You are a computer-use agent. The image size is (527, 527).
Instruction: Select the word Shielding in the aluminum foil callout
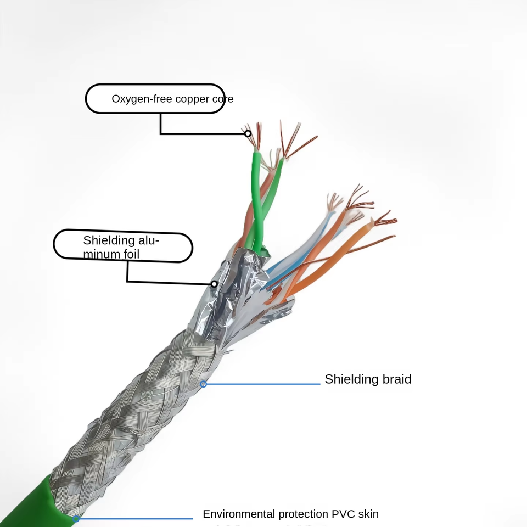(x=109, y=240)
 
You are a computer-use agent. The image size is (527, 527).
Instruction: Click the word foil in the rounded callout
(x=130, y=254)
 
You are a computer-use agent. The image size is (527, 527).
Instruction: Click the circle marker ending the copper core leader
(x=248, y=133)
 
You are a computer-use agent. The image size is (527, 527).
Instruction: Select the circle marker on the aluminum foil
(x=214, y=284)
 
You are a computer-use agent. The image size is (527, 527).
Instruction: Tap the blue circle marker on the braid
(x=203, y=384)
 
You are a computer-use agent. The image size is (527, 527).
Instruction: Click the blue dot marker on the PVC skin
(x=76, y=518)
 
